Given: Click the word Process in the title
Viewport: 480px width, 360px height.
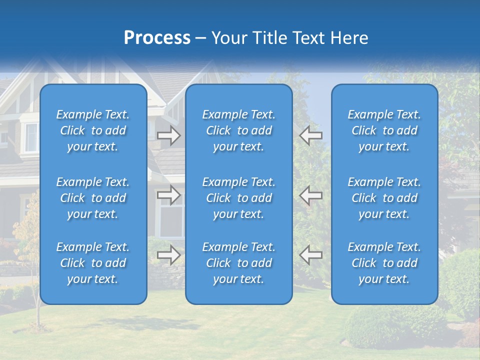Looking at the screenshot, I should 157,38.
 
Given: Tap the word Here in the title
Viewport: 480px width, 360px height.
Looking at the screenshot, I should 348,38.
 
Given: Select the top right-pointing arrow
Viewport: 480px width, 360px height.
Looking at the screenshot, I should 169,135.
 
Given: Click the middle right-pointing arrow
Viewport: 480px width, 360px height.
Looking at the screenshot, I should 169,195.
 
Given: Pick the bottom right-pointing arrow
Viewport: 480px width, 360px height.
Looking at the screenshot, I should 169,255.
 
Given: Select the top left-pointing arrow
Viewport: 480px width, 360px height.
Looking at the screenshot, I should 311,135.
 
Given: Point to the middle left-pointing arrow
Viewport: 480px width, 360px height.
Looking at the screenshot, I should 311,195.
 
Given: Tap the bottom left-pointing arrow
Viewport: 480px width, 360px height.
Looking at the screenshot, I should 311,255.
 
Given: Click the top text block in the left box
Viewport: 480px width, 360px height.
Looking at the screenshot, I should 93,130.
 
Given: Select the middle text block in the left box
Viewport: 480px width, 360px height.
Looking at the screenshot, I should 93,198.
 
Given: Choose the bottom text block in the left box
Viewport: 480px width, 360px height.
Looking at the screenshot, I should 93,263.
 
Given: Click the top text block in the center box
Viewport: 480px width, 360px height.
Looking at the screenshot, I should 239,130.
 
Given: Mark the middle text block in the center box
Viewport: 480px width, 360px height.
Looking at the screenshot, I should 239,198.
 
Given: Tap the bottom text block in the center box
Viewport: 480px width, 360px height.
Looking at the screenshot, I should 239,263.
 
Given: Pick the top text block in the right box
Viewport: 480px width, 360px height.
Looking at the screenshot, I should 384,130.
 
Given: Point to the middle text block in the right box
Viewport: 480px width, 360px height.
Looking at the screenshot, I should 384,198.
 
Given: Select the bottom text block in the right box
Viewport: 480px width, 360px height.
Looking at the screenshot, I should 384,263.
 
